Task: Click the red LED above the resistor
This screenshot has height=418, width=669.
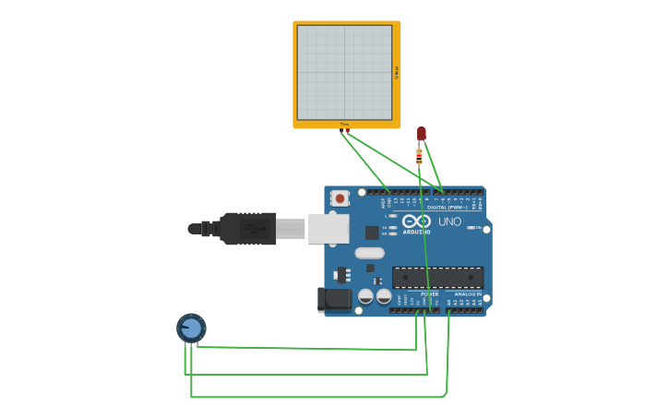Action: (422, 134)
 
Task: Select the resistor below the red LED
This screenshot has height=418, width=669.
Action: (419, 157)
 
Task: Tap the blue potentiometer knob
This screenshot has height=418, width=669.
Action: (191, 328)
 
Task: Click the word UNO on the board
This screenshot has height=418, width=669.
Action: (449, 221)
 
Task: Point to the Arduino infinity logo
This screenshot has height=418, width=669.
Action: (416, 221)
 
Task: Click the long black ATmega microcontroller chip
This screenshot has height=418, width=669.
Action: (437, 277)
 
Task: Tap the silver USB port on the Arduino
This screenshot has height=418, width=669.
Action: (328, 228)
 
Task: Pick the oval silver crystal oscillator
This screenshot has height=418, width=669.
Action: (369, 253)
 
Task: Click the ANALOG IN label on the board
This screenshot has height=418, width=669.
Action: (468, 294)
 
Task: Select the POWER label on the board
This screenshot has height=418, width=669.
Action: (429, 294)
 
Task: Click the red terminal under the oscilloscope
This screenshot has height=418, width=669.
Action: (348, 130)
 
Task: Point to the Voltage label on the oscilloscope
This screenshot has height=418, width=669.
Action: (397, 72)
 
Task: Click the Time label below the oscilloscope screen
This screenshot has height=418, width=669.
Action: (344, 124)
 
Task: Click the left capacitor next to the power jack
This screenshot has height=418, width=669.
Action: (365, 296)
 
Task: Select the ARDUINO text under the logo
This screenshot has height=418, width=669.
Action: (416, 233)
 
